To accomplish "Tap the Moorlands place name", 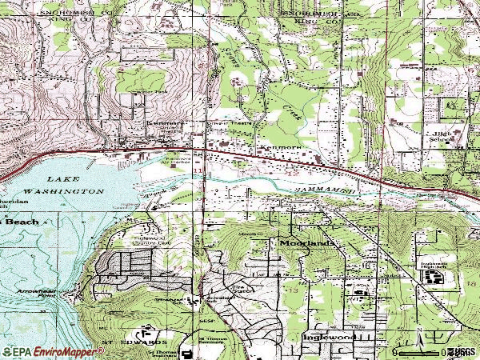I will [x=306, y=242].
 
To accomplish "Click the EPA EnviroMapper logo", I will [x=37, y=351].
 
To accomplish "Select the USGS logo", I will [x=462, y=351].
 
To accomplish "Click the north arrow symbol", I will [x=419, y=336].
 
